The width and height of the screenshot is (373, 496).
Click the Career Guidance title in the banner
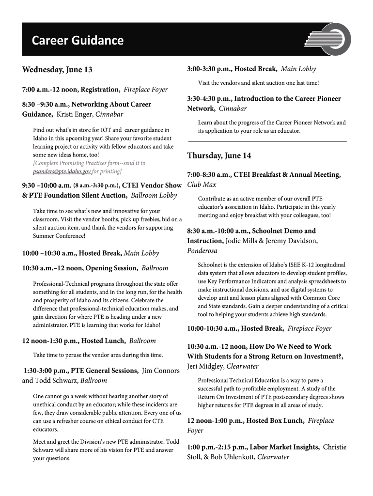click(78, 41)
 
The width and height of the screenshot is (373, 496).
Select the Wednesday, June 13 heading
click(57, 70)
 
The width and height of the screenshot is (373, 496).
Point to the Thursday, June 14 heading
click(219, 155)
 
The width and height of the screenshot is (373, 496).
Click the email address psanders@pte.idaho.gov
click(62, 171)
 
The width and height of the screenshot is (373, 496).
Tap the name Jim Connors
click(160, 371)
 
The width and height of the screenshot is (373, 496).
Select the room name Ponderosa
click(202, 250)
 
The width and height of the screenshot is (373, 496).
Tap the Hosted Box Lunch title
click(275, 420)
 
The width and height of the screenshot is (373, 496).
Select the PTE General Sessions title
click(104, 371)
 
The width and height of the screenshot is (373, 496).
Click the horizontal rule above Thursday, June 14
click(267, 141)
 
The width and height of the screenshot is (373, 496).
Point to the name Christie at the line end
click(335, 447)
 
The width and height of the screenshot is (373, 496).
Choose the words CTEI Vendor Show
click(152, 185)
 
